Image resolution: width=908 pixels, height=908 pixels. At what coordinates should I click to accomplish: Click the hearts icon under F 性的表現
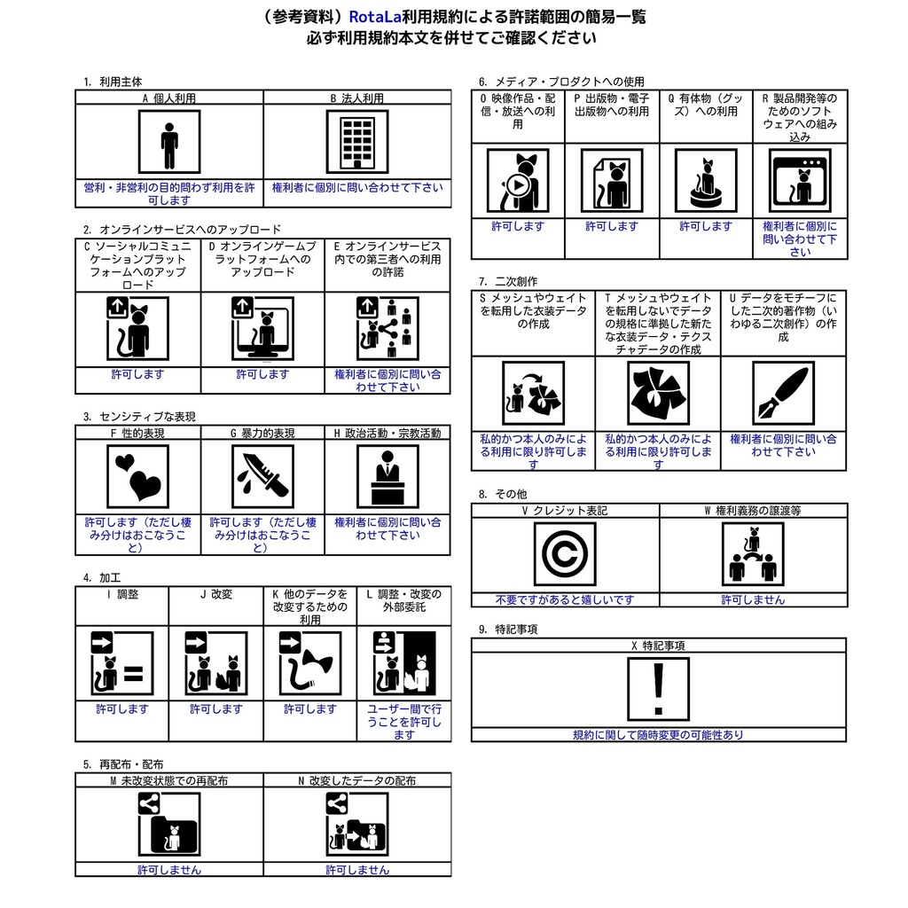tap(137, 475)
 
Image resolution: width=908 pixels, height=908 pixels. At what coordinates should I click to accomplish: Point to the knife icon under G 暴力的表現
tap(262, 475)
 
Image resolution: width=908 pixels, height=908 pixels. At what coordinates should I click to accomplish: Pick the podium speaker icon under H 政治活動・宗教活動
tap(387, 475)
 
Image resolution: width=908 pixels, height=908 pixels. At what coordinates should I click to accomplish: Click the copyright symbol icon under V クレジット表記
tap(565, 555)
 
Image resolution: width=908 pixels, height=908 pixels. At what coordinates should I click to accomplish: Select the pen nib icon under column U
tap(783, 394)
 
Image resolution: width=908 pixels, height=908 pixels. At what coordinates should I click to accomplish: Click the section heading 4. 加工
tap(102, 577)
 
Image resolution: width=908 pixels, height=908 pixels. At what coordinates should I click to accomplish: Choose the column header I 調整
tap(122, 594)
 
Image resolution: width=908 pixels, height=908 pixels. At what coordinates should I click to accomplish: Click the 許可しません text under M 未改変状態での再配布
tap(169, 870)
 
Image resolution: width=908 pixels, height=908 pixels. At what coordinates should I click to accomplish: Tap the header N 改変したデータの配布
tap(357, 781)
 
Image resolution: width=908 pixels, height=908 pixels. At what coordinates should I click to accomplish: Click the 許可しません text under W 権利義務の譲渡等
tap(753, 599)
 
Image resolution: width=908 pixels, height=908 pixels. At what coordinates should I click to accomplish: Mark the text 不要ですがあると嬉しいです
tap(565, 599)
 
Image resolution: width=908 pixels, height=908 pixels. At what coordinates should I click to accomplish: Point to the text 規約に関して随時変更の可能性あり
tap(658, 734)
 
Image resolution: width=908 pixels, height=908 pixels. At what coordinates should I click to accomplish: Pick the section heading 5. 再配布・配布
tap(123, 763)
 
